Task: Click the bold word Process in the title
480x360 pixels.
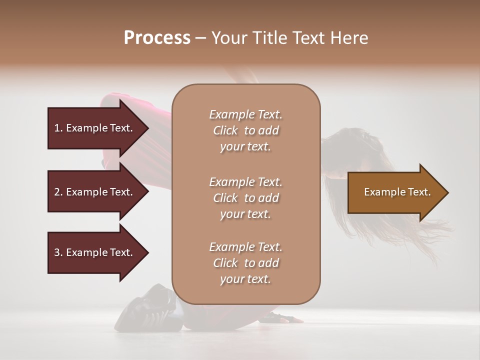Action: (x=157, y=37)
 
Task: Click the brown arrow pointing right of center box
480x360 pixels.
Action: (x=395, y=192)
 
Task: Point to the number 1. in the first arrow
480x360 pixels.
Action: (x=58, y=128)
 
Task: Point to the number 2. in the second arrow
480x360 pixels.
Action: (x=58, y=192)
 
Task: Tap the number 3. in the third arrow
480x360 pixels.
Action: (x=58, y=252)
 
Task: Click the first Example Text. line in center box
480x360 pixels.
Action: (x=245, y=114)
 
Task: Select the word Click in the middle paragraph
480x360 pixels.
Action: (x=225, y=198)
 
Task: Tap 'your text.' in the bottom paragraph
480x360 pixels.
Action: (x=245, y=279)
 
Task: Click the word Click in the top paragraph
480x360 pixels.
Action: (x=225, y=130)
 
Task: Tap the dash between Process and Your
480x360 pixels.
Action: (x=200, y=38)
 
